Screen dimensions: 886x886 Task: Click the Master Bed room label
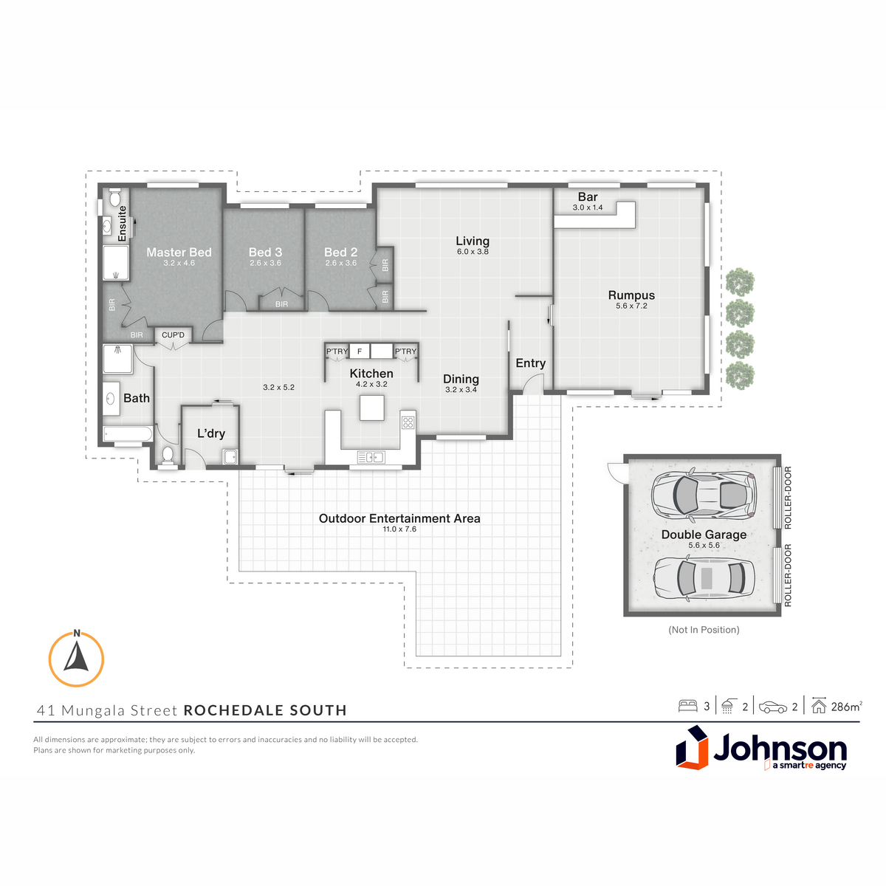point(179,252)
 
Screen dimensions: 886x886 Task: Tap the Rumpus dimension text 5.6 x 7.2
point(631,306)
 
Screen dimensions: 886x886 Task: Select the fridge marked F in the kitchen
point(360,351)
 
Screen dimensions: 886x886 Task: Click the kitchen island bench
point(372,408)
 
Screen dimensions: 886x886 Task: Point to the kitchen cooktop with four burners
point(408,422)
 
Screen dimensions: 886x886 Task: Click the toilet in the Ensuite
point(114,198)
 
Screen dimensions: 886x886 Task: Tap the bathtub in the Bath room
point(127,434)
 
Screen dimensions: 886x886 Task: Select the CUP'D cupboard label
point(173,334)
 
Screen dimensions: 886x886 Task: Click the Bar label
point(588,197)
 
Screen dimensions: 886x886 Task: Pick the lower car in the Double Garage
point(704,578)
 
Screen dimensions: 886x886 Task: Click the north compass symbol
point(76,659)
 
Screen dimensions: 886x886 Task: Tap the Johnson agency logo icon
point(692,748)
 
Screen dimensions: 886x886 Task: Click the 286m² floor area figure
point(846,707)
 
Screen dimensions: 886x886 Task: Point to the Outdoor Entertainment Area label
point(399,518)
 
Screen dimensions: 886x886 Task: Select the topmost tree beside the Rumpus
point(741,281)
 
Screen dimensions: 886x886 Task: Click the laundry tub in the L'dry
point(230,457)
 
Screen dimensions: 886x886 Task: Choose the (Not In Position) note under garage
point(704,630)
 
